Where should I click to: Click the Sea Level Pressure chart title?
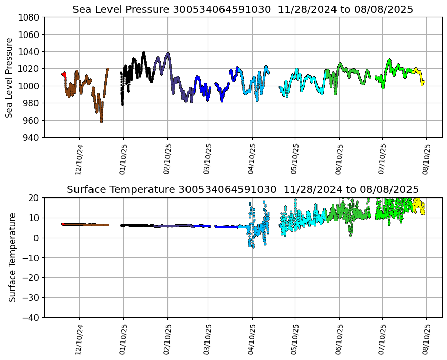243,10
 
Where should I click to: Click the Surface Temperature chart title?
243,189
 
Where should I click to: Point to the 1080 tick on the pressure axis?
30,17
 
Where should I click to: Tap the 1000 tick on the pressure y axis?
30,86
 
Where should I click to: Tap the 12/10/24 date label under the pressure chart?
79,159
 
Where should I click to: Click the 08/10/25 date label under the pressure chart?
426,159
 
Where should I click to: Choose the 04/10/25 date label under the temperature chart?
252,339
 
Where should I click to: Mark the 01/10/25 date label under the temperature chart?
123,339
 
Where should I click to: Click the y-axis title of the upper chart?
10,78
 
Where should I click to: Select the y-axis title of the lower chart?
12,257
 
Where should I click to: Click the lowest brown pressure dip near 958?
101,121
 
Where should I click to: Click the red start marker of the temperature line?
63,224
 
